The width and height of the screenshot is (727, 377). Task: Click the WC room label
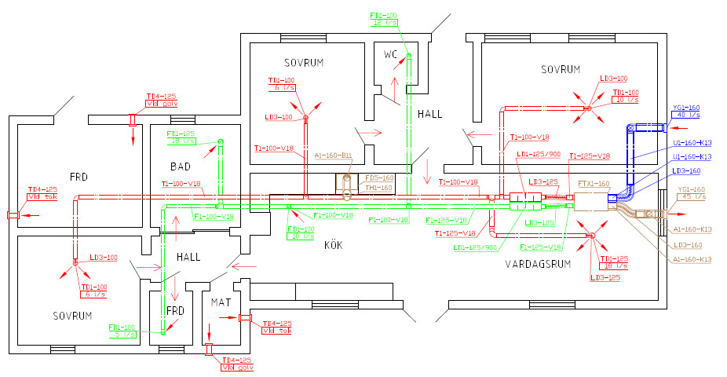click(391, 55)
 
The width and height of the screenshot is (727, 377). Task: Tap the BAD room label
click(181, 167)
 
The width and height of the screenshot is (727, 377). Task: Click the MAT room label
click(218, 301)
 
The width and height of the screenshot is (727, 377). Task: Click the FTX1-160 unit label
click(593, 184)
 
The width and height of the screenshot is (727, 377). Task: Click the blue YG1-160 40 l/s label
click(686, 112)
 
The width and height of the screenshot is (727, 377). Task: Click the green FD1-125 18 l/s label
click(181, 138)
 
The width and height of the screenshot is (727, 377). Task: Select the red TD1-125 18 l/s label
click(614, 263)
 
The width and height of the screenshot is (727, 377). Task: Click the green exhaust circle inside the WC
click(408, 55)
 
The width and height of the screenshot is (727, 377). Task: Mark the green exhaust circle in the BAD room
click(220, 142)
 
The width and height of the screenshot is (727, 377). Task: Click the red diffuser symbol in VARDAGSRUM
click(591, 236)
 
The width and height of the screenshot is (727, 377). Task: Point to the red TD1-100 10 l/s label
click(626, 97)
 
